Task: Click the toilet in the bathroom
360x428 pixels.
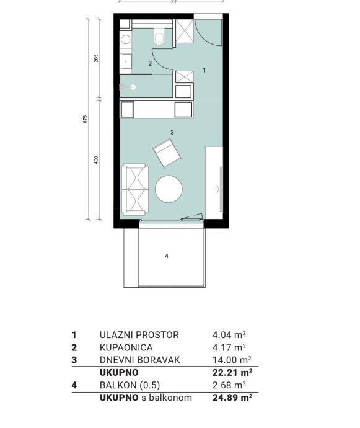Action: click(x=159, y=36)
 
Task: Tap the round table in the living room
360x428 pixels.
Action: click(x=169, y=189)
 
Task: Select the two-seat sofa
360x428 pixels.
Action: click(x=134, y=189)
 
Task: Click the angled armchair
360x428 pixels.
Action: click(x=167, y=153)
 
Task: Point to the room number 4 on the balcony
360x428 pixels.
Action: click(x=167, y=256)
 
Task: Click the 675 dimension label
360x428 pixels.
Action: click(x=85, y=119)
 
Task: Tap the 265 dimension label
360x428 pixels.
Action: click(x=96, y=58)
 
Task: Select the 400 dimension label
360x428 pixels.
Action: click(x=96, y=159)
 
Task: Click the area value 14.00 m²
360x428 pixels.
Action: click(x=232, y=360)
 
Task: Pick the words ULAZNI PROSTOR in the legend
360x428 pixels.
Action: click(x=139, y=335)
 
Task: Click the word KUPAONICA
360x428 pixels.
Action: click(x=126, y=347)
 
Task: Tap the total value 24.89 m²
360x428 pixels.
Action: click(x=232, y=398)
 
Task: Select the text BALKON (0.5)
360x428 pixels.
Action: click(x=130, y=385)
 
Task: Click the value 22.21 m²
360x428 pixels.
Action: click(x=232, y=372)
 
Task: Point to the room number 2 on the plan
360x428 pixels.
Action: click(x=150, y=64)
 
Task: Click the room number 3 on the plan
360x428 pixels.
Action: click(x=172, y=132)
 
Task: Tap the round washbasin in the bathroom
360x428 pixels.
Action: click(x=125, y=40)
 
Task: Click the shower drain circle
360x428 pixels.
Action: click(x=133, y=87)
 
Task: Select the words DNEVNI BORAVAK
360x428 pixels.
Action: click(x=140, y=360)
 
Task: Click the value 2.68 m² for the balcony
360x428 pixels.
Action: click(x=229, y=385)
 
